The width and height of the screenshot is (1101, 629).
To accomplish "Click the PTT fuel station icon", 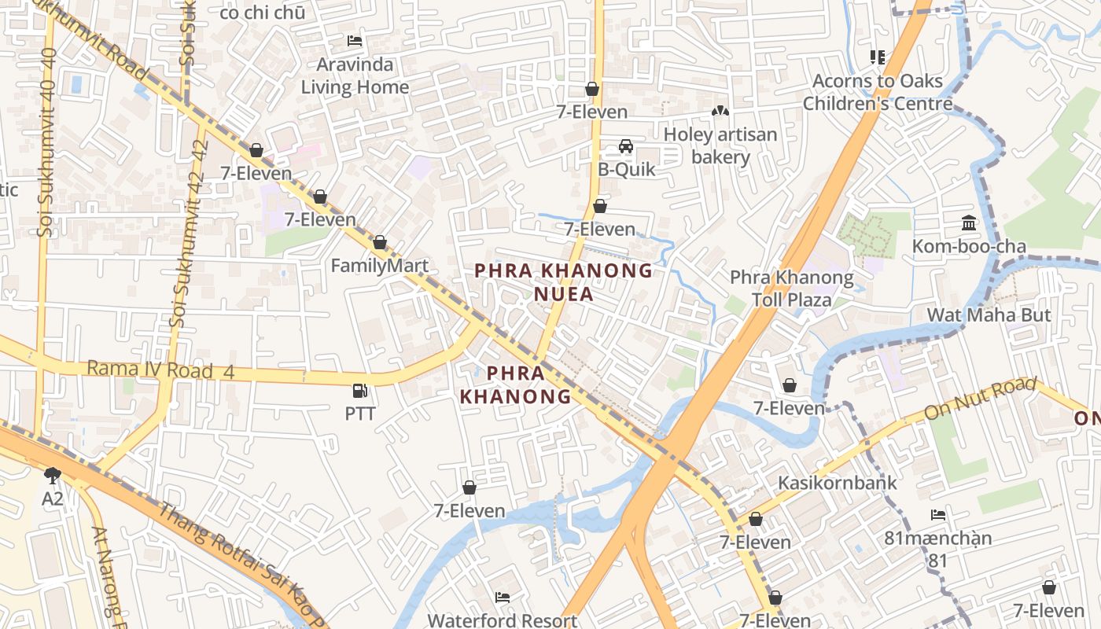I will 359,390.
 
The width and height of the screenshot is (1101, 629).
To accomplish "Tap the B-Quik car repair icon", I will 626,146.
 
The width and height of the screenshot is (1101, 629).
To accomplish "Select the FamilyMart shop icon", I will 380,242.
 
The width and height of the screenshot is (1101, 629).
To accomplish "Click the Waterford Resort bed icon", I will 503,598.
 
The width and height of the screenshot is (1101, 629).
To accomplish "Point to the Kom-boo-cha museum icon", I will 969,223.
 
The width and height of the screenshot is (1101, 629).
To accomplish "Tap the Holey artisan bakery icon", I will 720,112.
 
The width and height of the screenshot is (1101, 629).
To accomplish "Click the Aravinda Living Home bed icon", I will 355,41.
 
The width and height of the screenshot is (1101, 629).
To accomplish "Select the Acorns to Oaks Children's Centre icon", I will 878,57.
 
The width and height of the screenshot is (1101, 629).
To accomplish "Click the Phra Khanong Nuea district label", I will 563,282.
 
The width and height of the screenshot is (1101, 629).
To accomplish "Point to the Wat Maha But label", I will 989,315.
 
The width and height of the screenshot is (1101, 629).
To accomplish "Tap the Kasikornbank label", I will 837,482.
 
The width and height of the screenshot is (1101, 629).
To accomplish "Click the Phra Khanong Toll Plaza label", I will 791,289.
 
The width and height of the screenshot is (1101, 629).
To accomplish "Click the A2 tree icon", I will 53,474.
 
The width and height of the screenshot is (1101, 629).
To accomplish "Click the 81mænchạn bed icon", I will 937,515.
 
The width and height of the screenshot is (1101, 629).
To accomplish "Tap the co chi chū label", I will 262,12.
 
